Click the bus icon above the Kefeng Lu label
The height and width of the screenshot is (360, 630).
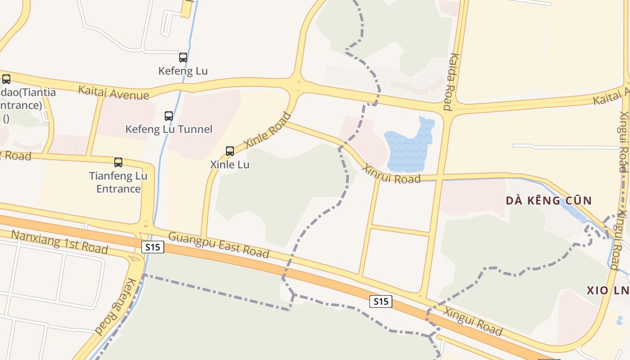coord(183,58)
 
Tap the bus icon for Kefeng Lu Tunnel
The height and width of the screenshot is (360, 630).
coord(169,116)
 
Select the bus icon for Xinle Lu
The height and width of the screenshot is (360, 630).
coord(230,151)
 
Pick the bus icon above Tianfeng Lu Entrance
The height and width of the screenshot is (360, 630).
coord(118,162)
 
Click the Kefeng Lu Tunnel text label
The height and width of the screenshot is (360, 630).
coord(169,130)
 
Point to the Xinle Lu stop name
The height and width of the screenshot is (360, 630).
coord(230,165)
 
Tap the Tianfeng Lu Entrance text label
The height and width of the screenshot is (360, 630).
coord(118,182)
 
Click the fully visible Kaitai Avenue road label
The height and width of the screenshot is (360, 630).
coord(113,92)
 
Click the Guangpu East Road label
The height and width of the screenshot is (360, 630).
coord(219,245)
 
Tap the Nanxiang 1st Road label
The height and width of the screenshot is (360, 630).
coord(59,241)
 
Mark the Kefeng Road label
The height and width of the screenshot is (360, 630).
coord(110,307)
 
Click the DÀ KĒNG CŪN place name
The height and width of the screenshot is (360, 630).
coord(549,201)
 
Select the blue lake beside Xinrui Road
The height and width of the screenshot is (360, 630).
coord(410,146)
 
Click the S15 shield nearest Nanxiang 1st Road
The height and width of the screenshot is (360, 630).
coord(153,247)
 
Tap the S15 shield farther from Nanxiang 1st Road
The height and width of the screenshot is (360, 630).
coord(381,301)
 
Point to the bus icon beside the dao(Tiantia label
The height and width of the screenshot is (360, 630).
coord(6,79)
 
